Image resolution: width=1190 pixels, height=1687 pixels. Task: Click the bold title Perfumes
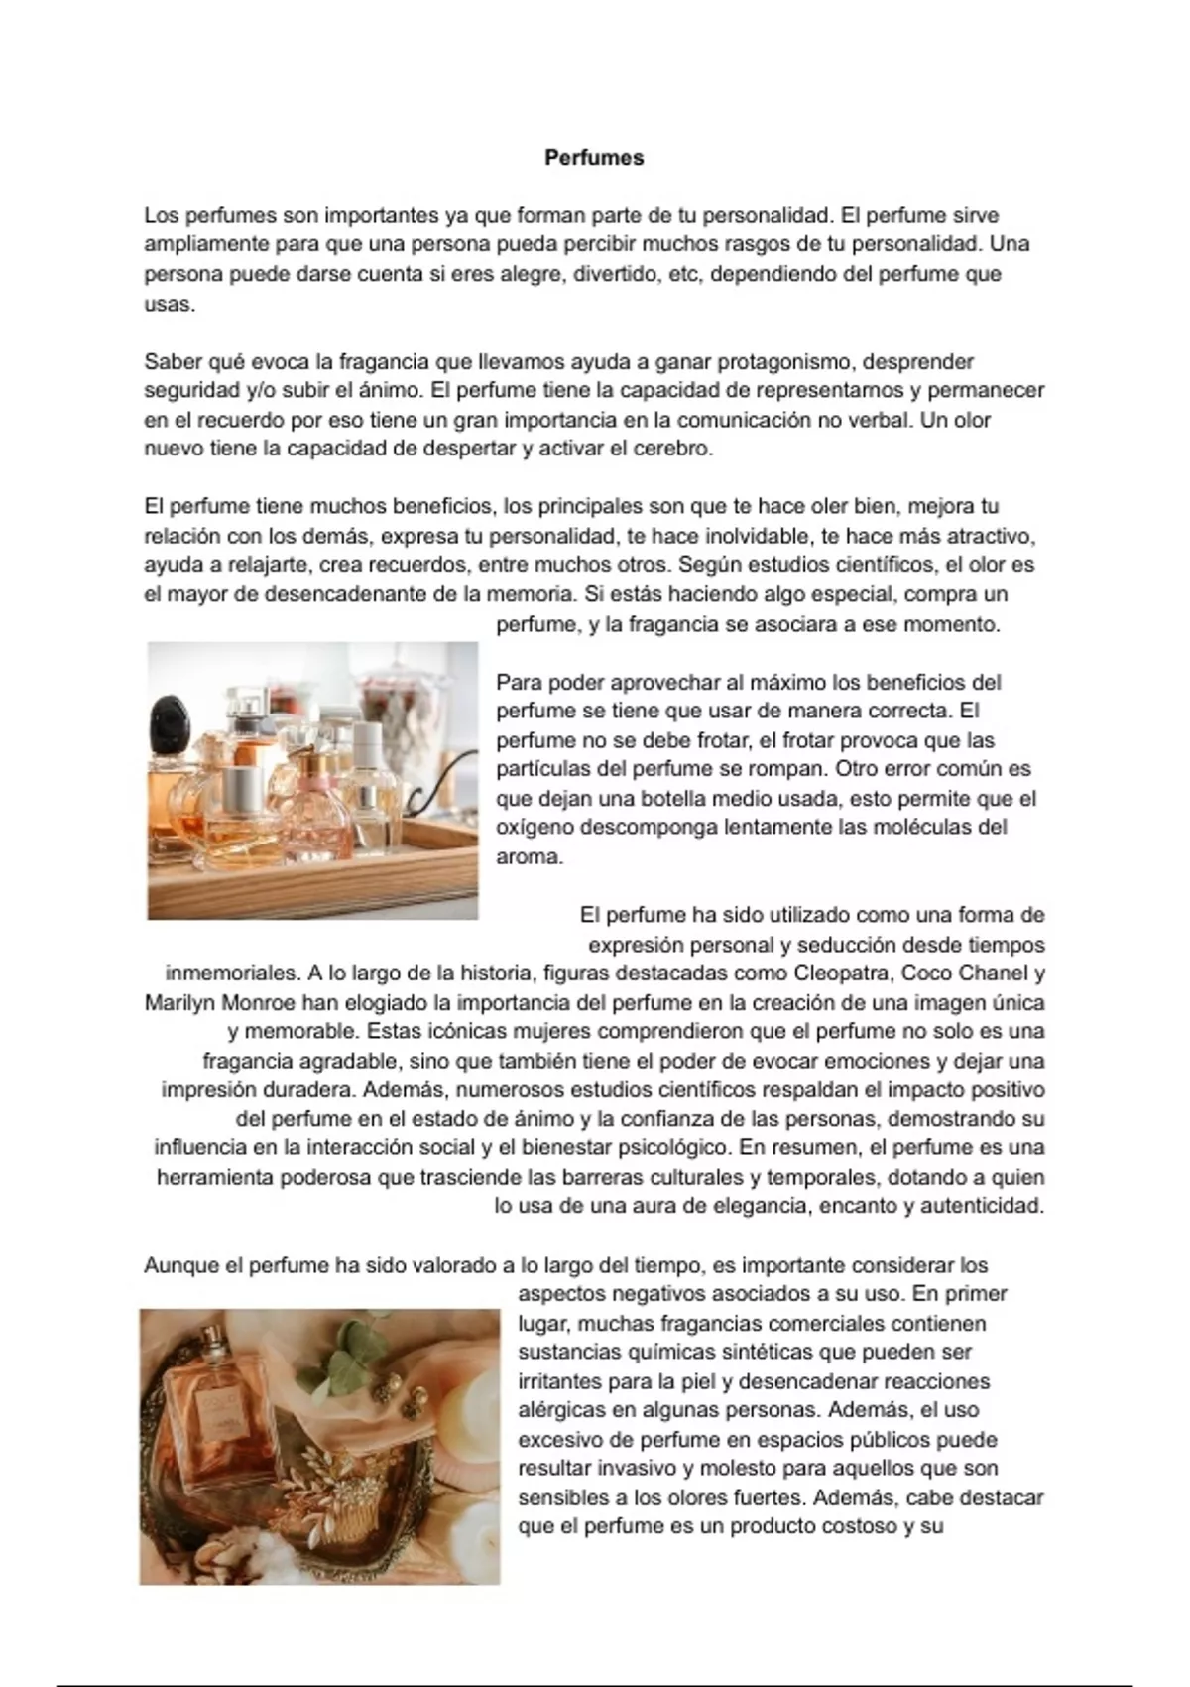[594, 158]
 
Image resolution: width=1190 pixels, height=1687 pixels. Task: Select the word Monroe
[260, 1002]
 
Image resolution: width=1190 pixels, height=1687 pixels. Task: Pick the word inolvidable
[757, 537]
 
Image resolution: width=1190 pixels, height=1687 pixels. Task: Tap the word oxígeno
[535, 827]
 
